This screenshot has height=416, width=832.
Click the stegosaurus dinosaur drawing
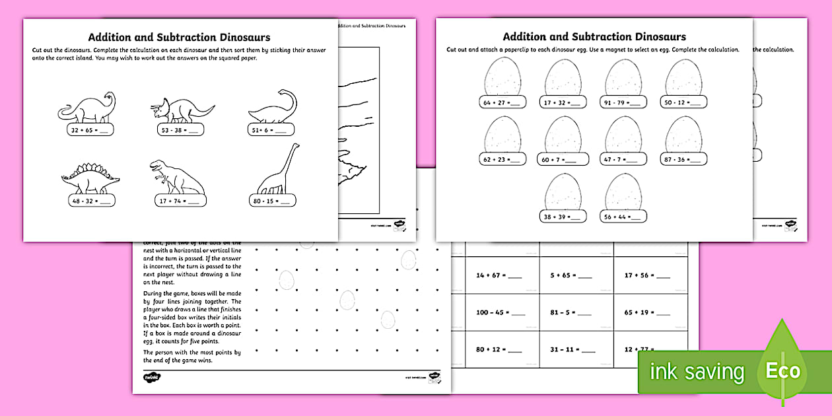pos(90,174)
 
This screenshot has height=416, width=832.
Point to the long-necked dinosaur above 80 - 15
pos(277,172)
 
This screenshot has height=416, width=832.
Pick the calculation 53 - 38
pos(180,130)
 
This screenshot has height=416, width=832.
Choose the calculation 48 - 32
pos(92,200)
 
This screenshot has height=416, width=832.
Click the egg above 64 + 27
pos(503,77)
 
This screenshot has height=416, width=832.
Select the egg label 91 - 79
pos(624,102)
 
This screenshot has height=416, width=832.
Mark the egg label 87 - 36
pos(684,159)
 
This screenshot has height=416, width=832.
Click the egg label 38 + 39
pos(563,216)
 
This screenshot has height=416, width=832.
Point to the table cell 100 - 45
pos(503,312)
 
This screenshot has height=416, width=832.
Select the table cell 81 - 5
pos(576,312)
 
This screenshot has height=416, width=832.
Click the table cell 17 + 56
pos(651,275)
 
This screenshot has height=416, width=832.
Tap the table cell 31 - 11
pos(576,349)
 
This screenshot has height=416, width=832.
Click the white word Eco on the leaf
pos(782,370)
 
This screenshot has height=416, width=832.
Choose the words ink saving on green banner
pos(697,372)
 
